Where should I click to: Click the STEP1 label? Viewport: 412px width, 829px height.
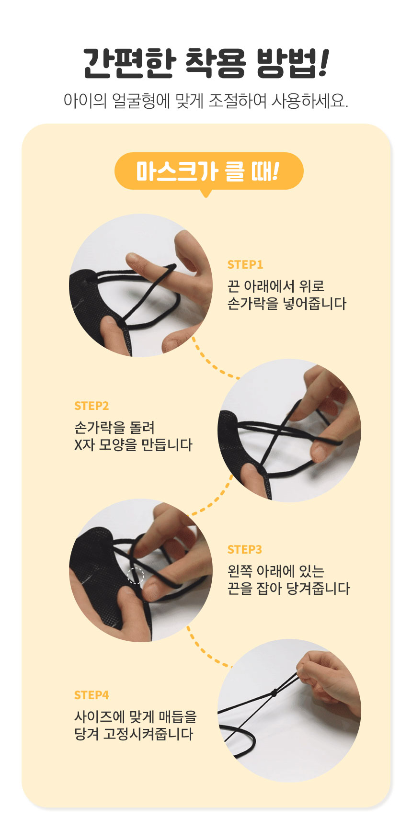coord(245,264)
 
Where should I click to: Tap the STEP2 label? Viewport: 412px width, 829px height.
coord(92,406)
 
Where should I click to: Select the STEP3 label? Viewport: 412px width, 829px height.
coord(245,549)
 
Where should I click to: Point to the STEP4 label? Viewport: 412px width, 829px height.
coord(92,695)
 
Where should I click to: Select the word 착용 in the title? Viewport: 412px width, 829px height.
coord(214,64)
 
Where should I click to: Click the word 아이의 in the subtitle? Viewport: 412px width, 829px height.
coord(85,101)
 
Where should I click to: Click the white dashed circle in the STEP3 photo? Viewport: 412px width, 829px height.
coord(136,576)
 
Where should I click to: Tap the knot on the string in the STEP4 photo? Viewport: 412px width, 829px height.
coord(274,693)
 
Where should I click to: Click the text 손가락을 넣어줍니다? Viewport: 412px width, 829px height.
coord(286,304)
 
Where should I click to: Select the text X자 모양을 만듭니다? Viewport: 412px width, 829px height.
coord(133,445)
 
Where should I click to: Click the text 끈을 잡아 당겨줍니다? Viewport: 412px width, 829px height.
coord(288,589)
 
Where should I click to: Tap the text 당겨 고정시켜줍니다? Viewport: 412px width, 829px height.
coord(134,734)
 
